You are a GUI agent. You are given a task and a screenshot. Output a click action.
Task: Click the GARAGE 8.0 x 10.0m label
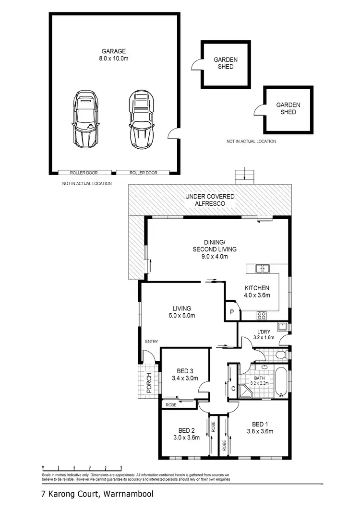pyautogui.click(x=114, y=54)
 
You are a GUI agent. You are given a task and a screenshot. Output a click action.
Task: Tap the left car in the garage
pyautogui.click(x=85, y=119)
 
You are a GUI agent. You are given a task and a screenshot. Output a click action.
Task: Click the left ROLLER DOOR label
pyautogui.click(x=84, y=173)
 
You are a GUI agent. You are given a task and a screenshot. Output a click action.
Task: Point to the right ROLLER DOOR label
pyautogui.click(x=143, y=173)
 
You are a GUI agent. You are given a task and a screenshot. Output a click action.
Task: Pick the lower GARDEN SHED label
pyautogui.click(x=288, y=108)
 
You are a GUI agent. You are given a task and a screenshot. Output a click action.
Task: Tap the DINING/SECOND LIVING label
pyautogui.click(x=215, y=253)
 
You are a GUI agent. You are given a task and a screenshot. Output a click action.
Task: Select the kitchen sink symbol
pyautogui.click(x=262, y=269)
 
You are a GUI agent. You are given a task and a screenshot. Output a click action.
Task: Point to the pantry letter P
pyautogui.click(x=231, y=312)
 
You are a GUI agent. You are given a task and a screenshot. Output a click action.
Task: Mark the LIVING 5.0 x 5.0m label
pyautogui.click(x=182, y=312)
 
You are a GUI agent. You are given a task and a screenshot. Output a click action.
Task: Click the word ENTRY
pyautogui.click(x=152, y=342)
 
